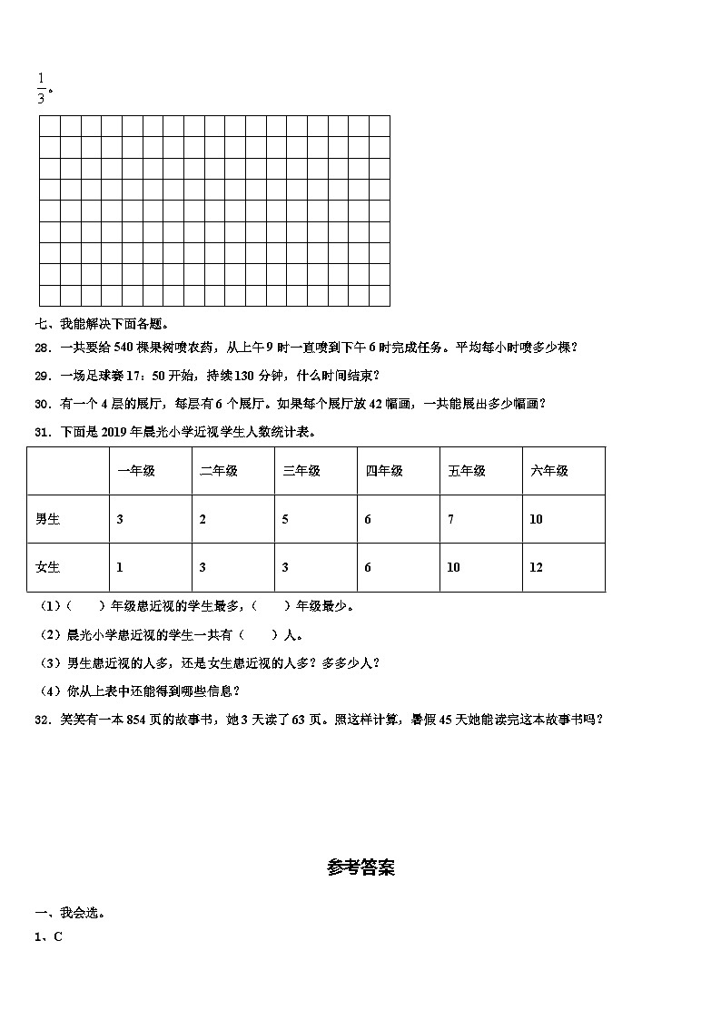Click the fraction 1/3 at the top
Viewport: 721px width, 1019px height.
tap(41, 88)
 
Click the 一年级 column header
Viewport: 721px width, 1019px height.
tap(136, 471)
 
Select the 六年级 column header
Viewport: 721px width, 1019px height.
tap(549, 471)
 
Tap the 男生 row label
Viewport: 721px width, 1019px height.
tap(47, 519)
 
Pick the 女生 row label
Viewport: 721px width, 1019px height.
tap(47, 567)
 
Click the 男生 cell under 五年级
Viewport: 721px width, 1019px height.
tap(451, 519)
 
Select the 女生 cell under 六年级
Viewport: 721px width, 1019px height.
tap(536, 567)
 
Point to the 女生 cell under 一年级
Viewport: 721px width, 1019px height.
tap(120, 567)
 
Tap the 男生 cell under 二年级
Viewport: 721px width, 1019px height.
tap(202, 519)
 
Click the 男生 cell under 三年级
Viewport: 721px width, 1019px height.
tap(285, 519)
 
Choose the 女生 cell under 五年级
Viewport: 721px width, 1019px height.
tap(454, 567)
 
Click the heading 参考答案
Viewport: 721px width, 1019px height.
tap(360, 868)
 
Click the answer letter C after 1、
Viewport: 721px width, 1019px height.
tap(58, 937)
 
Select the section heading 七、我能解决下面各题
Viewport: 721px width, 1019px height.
tap(102, 323)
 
